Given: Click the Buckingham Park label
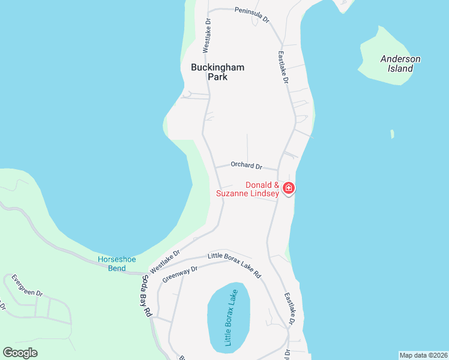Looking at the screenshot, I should pos(217,72).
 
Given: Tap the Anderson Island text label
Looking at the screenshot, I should pos(400,64).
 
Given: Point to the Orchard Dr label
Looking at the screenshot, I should pos(246,165).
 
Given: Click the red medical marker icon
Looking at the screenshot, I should pos(289,188).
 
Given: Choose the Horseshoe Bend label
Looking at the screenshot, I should pos(116,264).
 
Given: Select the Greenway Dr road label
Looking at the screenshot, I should pos(179,274).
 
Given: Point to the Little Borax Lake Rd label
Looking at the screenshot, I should pos(234,265).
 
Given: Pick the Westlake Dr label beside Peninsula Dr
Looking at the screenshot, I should pos(206,34).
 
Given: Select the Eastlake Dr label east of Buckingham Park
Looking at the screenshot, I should pos(283,67).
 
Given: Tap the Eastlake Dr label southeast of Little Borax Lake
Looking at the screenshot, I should pos(290,308).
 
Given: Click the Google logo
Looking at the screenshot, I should pos(20,353).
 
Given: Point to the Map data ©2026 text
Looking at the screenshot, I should pos(423,355).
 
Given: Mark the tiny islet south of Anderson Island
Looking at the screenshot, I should pos(392,134).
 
